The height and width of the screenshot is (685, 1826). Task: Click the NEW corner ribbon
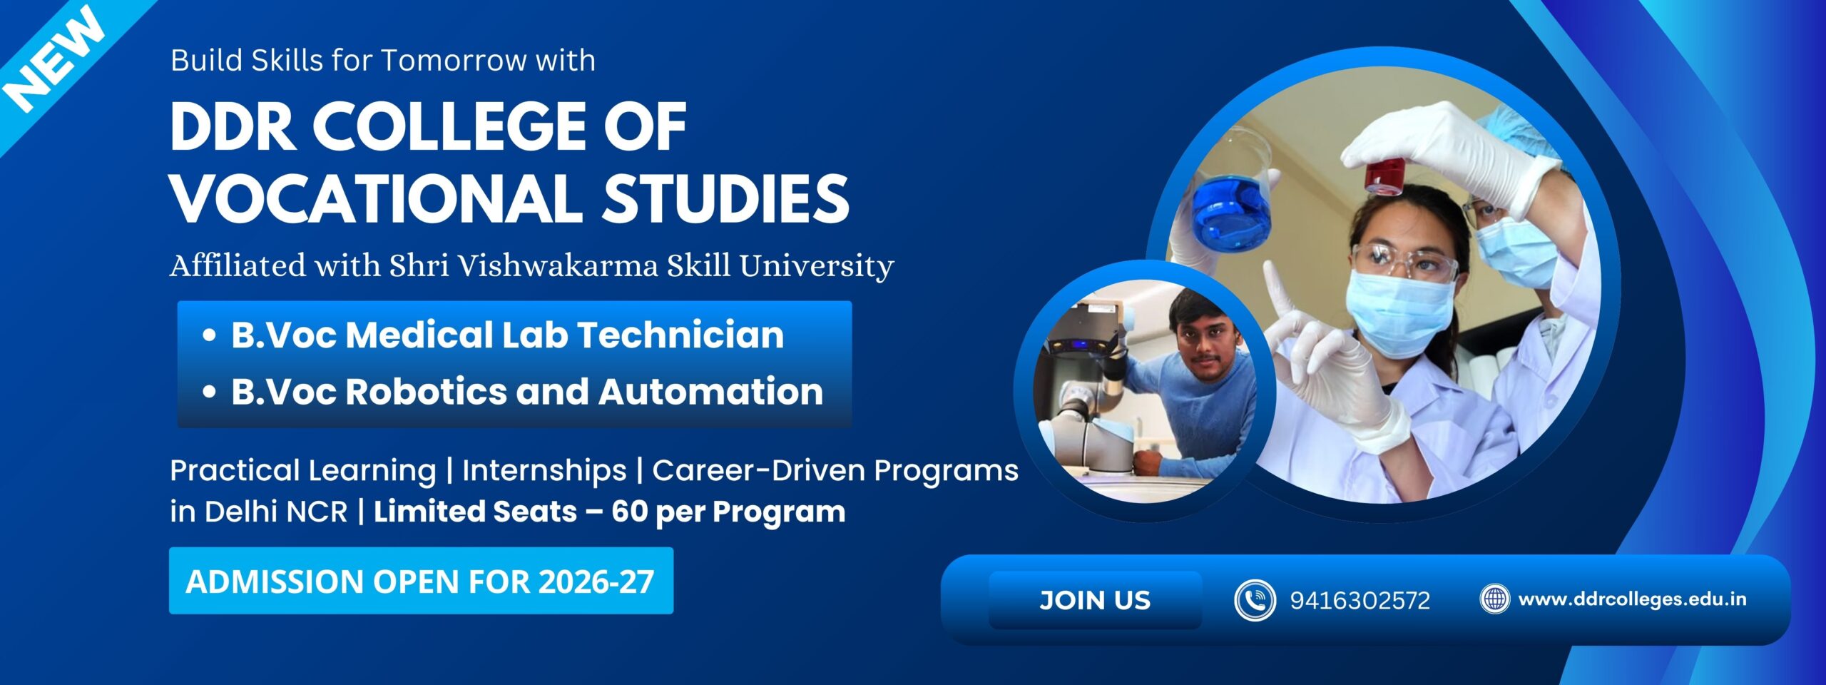[53, 61]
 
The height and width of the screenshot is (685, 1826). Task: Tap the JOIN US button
[1095, 600]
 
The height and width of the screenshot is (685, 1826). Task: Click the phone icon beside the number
[1254, 600]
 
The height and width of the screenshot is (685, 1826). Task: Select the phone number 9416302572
[1360, 601]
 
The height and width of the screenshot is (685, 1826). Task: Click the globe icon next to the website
[1494, 599]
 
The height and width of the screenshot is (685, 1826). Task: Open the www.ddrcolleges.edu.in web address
[1632, 599]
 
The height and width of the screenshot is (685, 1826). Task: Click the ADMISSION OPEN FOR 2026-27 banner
[420, 581]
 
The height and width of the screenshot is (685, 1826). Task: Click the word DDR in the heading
[233, 126]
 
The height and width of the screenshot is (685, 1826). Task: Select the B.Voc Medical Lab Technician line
[506, 335]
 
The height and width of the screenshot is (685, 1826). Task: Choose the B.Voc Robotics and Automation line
[526, 392]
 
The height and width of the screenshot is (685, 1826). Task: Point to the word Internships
[544, 471]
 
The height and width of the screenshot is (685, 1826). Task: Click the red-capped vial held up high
[1385, 176]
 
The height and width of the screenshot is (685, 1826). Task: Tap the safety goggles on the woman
[1402, 260]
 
